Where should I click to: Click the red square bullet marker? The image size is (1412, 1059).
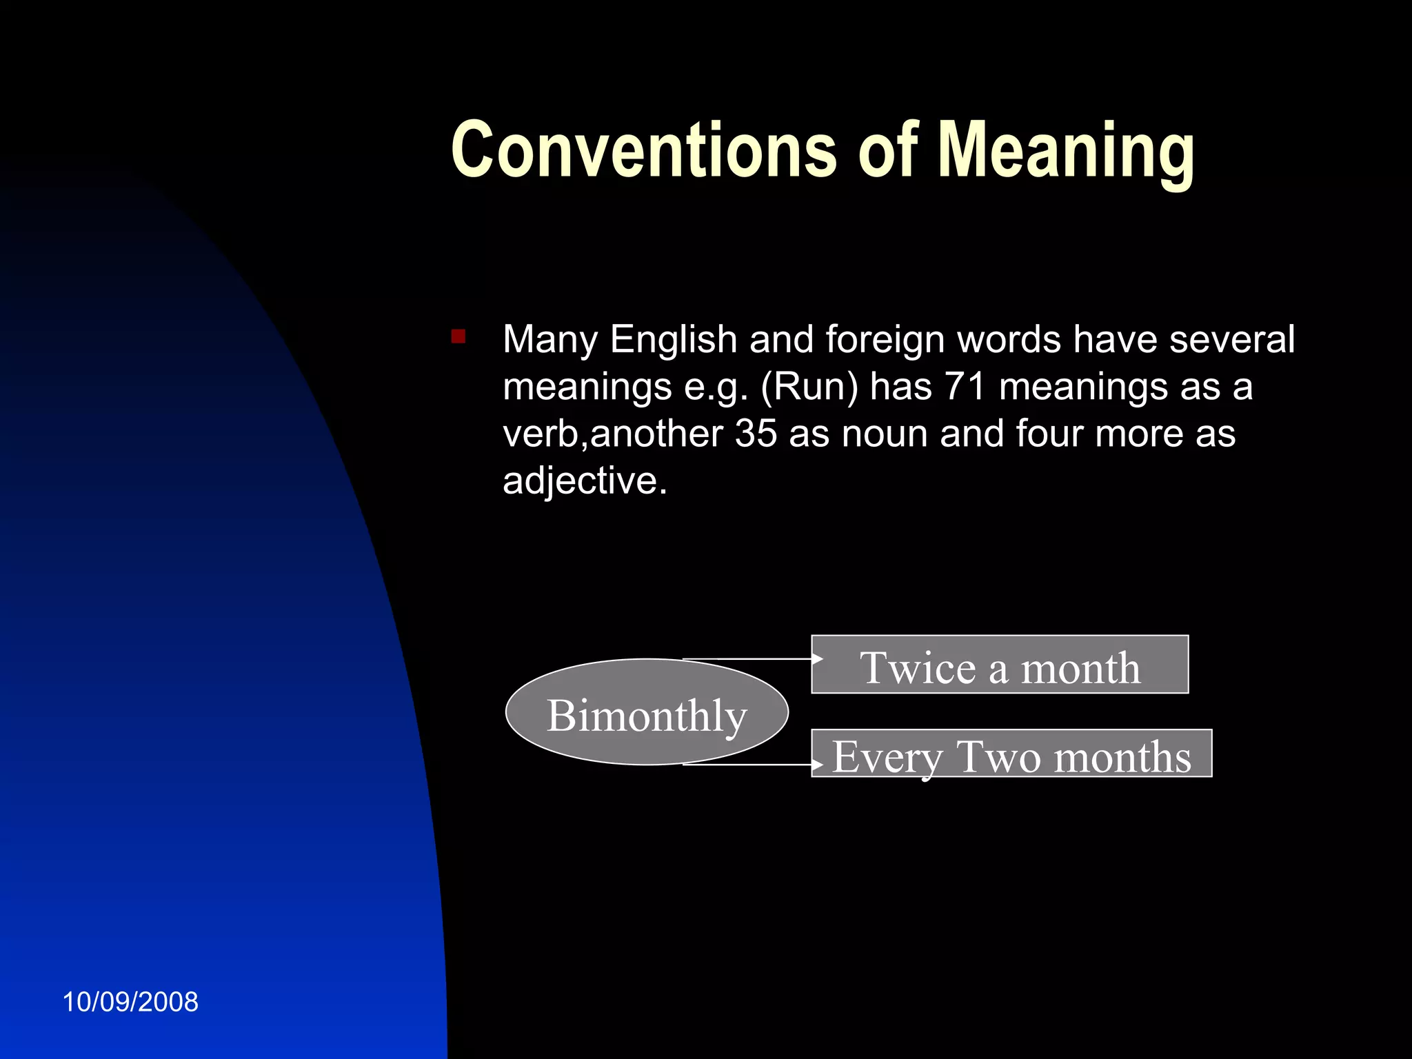(x=458, y=336)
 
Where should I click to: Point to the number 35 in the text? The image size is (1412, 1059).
(x=756, y=434)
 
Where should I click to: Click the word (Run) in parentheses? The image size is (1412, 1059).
(x=809, y=387)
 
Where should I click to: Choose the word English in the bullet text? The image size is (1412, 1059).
(x=674, y=339)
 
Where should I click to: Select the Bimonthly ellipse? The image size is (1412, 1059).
(x=647, y=713)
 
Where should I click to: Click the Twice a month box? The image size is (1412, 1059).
(x=1000, y=665)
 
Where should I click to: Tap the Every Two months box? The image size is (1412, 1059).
(x=1011, y=754)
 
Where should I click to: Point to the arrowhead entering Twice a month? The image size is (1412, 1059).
(x=818, y=659)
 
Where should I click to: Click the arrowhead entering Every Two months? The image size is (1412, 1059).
(x=818, y=765)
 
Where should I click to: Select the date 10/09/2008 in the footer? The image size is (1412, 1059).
(x=130, y=1002)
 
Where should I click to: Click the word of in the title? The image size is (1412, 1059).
(x=888, y=150)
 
